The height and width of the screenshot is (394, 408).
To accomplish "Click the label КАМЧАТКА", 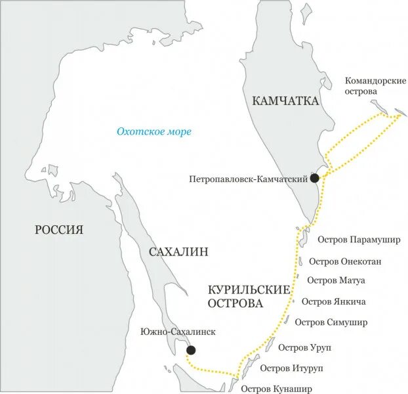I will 285,101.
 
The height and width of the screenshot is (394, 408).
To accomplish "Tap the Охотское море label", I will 154,132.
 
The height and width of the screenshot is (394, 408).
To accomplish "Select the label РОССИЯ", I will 59,229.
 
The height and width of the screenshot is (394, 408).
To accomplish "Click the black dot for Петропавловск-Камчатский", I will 315,178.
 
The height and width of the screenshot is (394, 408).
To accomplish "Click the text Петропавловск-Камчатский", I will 249,179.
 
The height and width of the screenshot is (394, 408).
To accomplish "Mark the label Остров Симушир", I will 331,322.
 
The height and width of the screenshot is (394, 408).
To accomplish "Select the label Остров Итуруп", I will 290,368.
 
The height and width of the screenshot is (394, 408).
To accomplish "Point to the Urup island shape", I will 270,343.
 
